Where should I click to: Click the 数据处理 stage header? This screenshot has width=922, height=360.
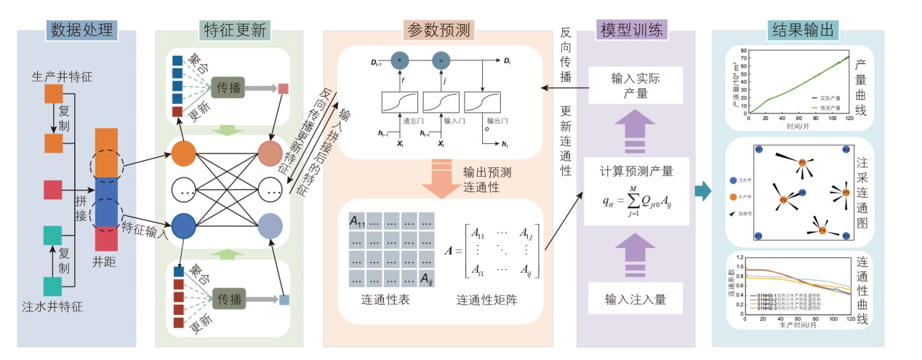tap(81, 30)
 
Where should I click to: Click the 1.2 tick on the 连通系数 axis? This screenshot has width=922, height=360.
tap(741, 258)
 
